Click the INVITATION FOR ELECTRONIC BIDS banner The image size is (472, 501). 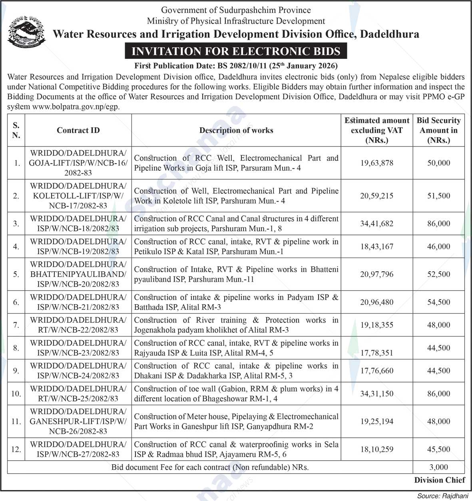click(x=236, y=51)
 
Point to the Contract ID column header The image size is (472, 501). click(x=78, y=130)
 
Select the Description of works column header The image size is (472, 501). click(x=236, y=130)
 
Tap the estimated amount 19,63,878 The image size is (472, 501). click(x=377, y=163)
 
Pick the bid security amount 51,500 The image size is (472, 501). click(x=438, y=196)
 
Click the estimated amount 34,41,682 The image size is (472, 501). click(x=377, y=224)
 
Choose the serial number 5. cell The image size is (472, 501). click(x=16, y=275)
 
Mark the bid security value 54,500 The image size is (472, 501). click(x=438, y=302)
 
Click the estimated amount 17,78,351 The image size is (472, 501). click(x=377, y=353)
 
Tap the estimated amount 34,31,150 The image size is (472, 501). click(x=377, y=394)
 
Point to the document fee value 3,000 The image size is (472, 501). click(x=438, y=467)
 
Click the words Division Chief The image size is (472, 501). click(x=440, y=480)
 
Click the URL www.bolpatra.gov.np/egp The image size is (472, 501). click(x=76, y=107)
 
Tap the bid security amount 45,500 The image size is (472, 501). click(x=438, y=449)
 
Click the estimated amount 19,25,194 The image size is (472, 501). click(x=377, y=421)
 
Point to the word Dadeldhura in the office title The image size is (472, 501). click(x=390, y=34)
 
